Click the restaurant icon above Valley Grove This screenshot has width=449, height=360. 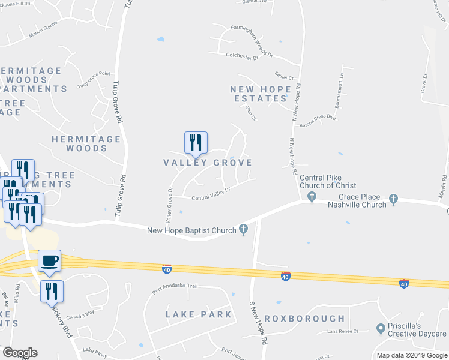(196, 142)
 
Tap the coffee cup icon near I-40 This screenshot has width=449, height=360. (50, 261)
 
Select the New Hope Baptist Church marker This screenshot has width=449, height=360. (243, 229)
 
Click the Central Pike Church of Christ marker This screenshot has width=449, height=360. (311, 197)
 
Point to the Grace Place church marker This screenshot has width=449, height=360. (394, 198)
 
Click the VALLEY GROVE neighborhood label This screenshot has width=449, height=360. (208, 163)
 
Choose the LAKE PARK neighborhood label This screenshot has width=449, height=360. (198, 314)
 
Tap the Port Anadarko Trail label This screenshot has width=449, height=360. (175, 287)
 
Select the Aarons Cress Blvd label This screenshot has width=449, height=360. (318, 118)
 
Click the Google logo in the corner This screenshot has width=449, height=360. (20, 353)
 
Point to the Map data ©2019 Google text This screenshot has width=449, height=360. (412, 355)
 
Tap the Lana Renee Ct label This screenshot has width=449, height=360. (343, 331)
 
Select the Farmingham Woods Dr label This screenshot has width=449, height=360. (250, 43)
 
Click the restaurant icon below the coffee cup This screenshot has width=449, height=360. (52, 291)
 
